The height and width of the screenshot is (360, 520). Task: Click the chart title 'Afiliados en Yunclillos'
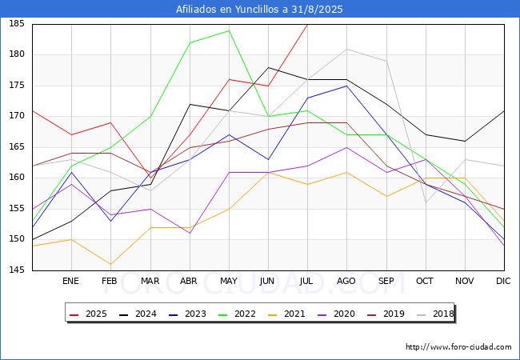(228, 10)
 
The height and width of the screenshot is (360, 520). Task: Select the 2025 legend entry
(88, 314)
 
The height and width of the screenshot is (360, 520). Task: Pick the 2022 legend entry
(237, 314)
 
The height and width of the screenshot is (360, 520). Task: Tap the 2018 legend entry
(435, 314)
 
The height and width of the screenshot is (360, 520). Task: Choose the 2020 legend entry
(336, 314)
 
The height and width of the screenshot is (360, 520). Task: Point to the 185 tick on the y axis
(17, 24)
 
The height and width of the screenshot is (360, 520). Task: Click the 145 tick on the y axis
(17, 270)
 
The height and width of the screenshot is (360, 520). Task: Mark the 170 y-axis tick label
(17, 116)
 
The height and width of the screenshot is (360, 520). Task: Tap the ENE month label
(70, 281)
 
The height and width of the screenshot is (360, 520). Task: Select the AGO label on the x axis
(346, 281)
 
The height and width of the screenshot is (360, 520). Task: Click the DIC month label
(503, 281)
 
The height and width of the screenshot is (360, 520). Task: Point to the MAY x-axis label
(229, 281)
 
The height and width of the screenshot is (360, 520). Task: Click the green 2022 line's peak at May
(229, 31)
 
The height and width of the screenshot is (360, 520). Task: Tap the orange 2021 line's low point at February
(110, 264)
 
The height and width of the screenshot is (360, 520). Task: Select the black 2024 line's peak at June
(268, 68)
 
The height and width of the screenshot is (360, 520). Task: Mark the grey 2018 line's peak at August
(347, 50)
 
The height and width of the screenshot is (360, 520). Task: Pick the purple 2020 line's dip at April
(190, 233)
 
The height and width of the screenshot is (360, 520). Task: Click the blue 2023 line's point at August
(347, 86)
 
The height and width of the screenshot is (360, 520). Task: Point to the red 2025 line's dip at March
(150, 178)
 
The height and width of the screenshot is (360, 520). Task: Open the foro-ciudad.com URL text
(458, 347)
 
